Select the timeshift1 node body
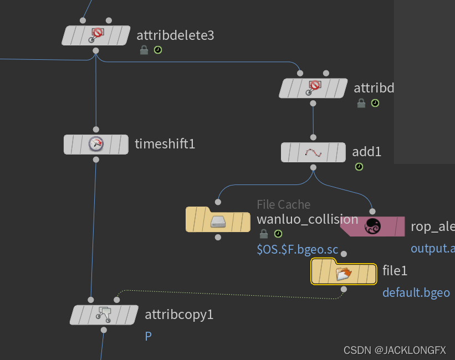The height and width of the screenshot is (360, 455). pyautogui.click(x=96, y=144)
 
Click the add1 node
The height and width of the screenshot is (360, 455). pyautogui.click(x=313, y=152)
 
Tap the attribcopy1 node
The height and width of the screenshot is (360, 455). pyautogui.click(x=104, y=315)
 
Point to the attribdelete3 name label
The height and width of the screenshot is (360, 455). pyautogui.click(x=175, y=35)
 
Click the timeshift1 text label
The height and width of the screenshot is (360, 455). pyautogui.click(x=165, y=144)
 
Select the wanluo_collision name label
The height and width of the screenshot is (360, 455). pyautogui.click(x=308, y=219)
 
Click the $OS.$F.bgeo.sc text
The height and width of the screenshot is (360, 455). pyautogui.click(x=297, y=249)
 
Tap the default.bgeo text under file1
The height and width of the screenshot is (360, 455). pyautogui.click(x=416, y=292)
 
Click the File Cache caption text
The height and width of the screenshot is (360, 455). pyautogui.click(x=284, y=204)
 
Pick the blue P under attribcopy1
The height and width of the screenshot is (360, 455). pyautogui.click(x=148, y=336)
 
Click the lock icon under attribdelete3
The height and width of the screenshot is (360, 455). pyautogui.click(x=144, y=50)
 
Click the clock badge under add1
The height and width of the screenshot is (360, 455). pyautogui.click(x=359, y=166)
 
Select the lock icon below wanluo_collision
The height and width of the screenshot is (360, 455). pyautogui.click(x=264, y=234)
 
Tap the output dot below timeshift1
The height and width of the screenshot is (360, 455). pyautogui.click(x=96, y=160)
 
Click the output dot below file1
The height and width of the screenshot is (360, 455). pyautogui.click(x=344, y=289)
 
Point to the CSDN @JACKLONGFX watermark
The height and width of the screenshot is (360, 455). pyautogui.click(x=395, y=350)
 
